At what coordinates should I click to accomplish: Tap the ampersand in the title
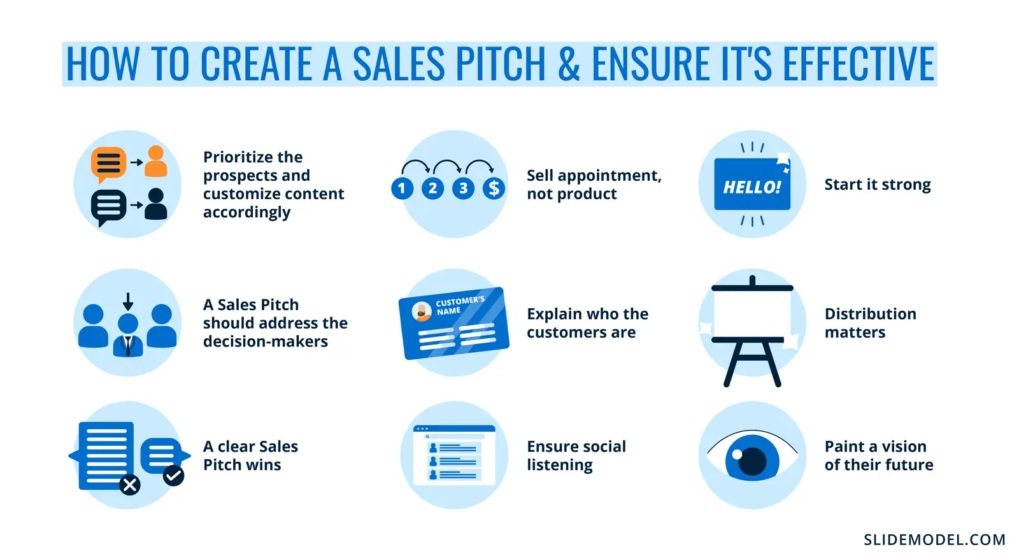click(569, 64)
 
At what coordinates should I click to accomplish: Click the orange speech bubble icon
click(108, 163)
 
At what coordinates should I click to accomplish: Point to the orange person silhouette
click(156, 162)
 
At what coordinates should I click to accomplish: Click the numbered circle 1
click(402, 188)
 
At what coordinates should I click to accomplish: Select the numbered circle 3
click(463, 188)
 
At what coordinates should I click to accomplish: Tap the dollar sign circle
click(494, 188)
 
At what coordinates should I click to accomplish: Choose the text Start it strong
click(877, 185)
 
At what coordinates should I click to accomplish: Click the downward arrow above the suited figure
click(128, 301)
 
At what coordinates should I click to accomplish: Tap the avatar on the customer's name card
click(422, 311)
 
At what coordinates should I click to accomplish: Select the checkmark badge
click(173, 475)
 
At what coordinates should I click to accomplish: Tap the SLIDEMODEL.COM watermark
click(934, 540)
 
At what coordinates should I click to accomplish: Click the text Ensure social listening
click(576, 455)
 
